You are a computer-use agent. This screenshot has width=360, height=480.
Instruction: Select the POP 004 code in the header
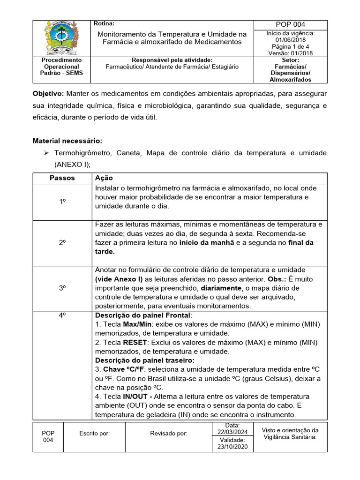(290, 25)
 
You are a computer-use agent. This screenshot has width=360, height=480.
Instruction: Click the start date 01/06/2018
(290, 40)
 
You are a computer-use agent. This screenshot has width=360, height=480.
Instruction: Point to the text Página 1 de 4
(290, 46)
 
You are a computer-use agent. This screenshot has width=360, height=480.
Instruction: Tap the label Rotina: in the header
(104, 23)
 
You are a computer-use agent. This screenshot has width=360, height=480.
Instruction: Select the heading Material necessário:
(67, 141)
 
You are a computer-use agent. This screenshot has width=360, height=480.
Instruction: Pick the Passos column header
(62, 178)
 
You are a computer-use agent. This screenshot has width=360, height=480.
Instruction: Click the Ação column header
(104, 178)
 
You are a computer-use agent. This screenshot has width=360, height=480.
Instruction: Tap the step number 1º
(62, 201)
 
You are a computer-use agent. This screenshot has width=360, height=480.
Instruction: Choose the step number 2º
(62, 243)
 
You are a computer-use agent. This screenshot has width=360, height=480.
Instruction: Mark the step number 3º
(62, 288)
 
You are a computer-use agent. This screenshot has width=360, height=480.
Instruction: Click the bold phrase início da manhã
(205, 243)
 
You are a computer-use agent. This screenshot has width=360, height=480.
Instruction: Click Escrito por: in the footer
(95, 434)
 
